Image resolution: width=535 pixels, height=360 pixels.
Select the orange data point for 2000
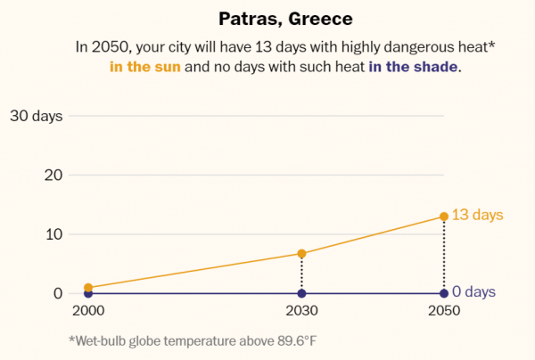click(87, 288)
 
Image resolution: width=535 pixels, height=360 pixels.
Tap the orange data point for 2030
click(301, 254)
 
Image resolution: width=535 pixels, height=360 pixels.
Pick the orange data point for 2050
click(444, 217)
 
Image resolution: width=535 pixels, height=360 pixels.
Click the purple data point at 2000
click(87, 294)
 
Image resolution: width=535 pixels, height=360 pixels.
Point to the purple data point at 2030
click(301, 293)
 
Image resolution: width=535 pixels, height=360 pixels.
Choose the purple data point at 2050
click(444, 293)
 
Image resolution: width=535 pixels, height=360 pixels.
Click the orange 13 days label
click(477, 216)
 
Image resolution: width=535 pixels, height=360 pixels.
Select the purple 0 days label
click(473, 292)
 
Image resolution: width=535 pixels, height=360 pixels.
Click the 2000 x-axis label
click(87, 311)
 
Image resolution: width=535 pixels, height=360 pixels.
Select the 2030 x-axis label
click(301, 311)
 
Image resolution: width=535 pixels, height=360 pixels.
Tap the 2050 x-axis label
click(444, 311)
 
